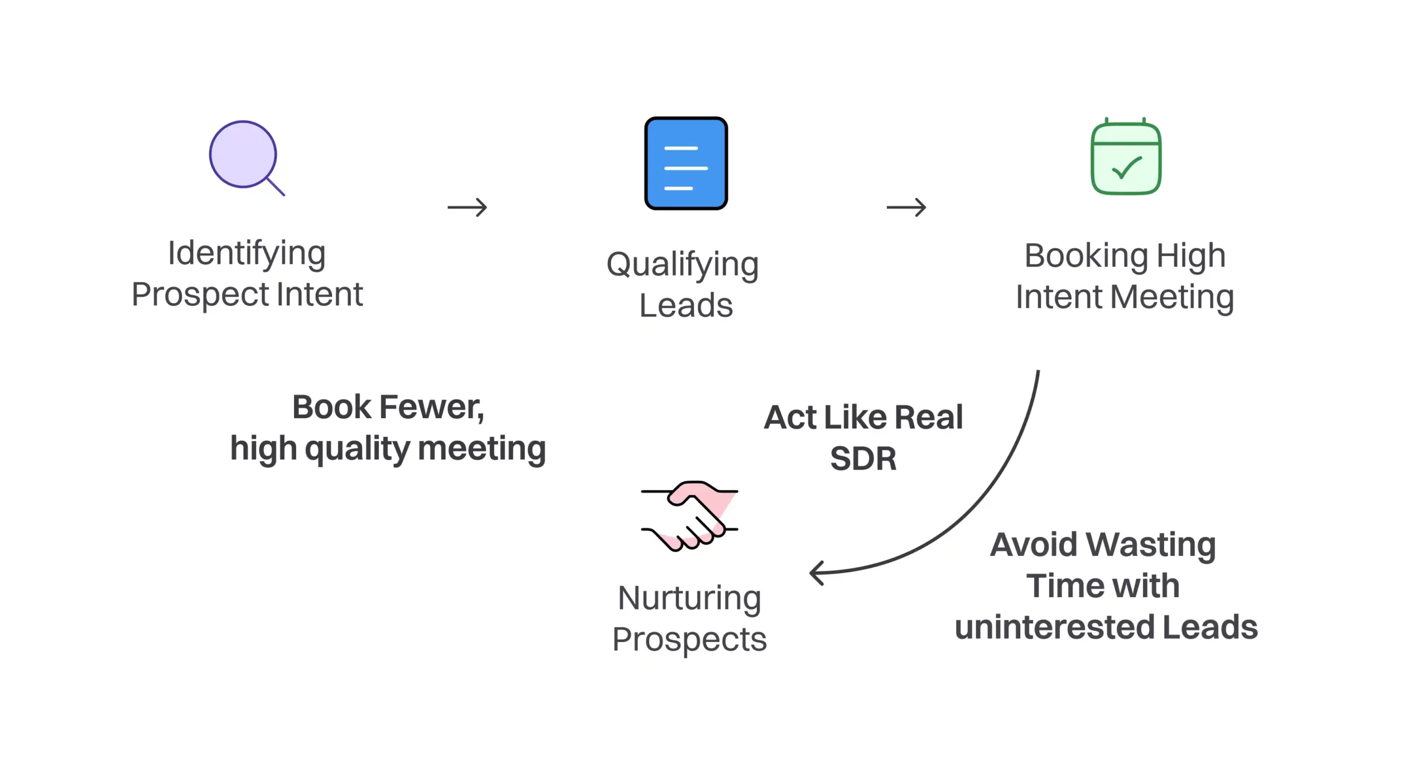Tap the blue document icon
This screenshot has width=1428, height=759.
686,163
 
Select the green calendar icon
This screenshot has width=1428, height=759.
1126,158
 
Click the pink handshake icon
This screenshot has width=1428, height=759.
689,516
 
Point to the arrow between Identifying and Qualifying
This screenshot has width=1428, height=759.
467,207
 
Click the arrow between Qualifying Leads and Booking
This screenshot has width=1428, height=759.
906,207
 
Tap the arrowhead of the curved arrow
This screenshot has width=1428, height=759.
816,573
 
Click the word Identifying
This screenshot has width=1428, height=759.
247,254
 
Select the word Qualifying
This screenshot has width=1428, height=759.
682,265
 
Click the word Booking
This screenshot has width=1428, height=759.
1086,256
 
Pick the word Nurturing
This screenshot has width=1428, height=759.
689,598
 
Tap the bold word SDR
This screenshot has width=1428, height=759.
863,458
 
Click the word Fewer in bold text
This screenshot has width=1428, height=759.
431,407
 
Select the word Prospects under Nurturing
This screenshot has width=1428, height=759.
689,640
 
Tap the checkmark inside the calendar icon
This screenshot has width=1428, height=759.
1127,167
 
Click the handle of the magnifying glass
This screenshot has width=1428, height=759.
276,186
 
